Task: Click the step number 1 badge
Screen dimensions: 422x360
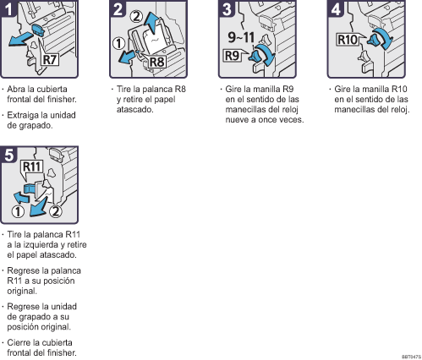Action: [x=8, y=8]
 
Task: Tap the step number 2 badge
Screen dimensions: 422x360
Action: [x=118, y=8]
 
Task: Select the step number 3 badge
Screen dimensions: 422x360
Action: [x=227, y=8]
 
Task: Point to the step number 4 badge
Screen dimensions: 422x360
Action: [x=336, y=8]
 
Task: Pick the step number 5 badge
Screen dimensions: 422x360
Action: [x=8, y=155]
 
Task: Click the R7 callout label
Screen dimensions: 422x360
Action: [x=50, y=60]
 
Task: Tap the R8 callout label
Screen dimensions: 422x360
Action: [x=156, y=62]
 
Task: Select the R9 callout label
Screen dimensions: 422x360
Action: [x=232, y=56]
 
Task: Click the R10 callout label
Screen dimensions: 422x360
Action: [x=348, y=40]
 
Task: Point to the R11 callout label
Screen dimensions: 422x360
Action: [x=32, y=166]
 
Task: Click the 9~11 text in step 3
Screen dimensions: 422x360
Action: [x=241, y=37]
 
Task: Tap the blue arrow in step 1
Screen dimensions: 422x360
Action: [x=20, y=39]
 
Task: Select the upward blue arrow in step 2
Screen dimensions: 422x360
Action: [x=152, y=22]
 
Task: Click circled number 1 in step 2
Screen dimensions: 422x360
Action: [x=118, y=44]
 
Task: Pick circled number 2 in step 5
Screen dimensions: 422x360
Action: [x=56, y=211]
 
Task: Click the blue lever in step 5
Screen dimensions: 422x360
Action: [x=30, y=188]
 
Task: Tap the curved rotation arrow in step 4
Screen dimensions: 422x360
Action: [x=384, y=38]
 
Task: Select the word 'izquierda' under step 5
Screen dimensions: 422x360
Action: [x=41, y=245]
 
